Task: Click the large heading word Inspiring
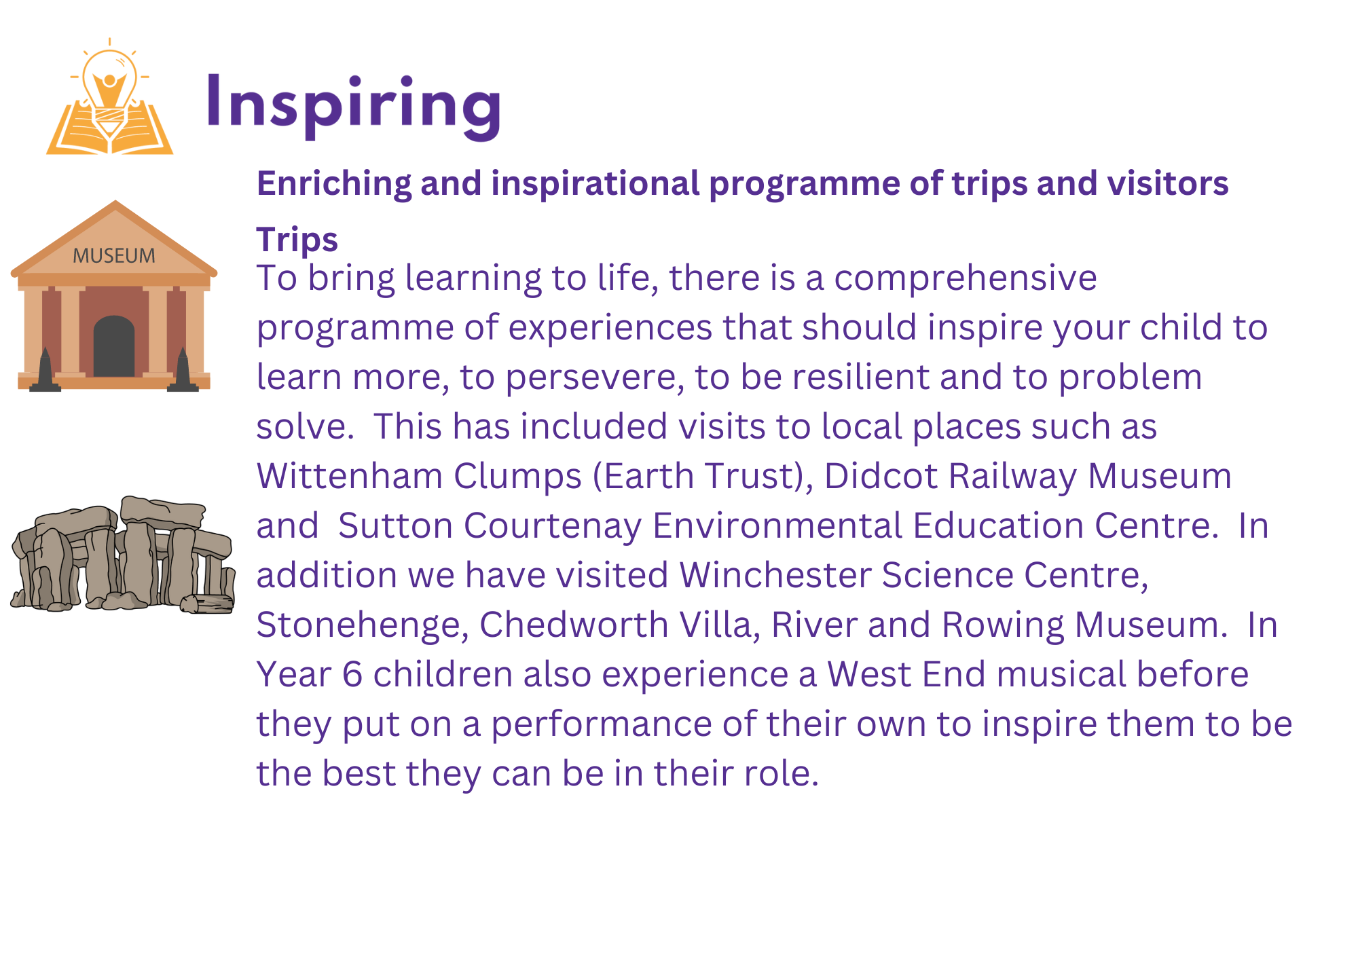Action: pos(354,105)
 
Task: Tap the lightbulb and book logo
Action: pos(109,96)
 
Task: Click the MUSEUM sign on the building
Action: pos(114,256)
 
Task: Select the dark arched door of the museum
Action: pos(114,346)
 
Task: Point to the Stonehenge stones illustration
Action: pos(123,555)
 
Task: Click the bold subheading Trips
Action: pos(297,240)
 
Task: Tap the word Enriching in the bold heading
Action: pos(334,184)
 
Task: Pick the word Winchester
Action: pos(775,575)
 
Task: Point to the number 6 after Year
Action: pos(352,675)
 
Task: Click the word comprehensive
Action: pos(965,278)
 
